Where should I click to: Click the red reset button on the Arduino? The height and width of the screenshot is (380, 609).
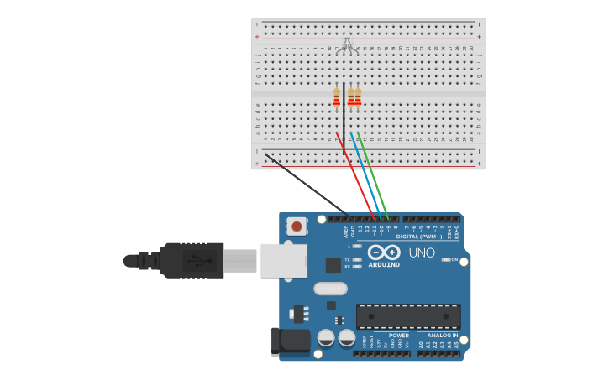(297, 226)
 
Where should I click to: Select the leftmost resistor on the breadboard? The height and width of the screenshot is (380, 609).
(337, 98)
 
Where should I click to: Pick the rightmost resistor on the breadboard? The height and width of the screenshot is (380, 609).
(358, 98)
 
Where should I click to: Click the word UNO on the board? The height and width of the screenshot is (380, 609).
(422, 252)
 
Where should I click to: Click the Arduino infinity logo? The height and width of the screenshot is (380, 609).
(383, 252)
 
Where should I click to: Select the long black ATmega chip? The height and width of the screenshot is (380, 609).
(408, 315)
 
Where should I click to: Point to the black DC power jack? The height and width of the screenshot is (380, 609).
(285, 341)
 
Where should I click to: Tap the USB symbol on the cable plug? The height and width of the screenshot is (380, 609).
(197, 261)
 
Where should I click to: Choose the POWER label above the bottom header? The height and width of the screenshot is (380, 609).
(398, 336)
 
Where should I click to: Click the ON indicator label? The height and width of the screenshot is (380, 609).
(454, 260)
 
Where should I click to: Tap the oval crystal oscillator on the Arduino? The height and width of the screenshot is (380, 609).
(330, 289)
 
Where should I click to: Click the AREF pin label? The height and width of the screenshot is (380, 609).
(346, 230)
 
